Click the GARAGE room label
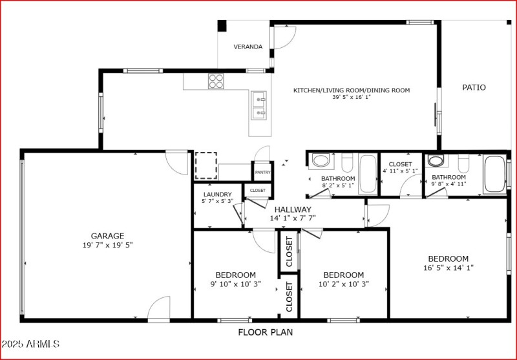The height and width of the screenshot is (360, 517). [x=107, y=236]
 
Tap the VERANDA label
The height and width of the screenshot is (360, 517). [x=248, y=47]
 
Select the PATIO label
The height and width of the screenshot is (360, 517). [x=474, y=87]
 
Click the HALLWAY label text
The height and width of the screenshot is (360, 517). [x=293, y=209]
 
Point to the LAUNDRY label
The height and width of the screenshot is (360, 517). [x=217, y=194]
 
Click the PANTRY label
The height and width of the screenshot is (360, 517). [x=262, y=173]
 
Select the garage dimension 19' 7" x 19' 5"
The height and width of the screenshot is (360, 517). [x=107, y=245]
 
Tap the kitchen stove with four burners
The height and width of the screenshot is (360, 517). [x=216, y=81]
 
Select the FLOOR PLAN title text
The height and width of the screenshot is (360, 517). [x=265, y=333]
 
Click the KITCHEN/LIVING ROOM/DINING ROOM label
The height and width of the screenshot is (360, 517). [x=352, y=90]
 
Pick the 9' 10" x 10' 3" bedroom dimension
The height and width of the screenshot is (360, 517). [x=235, y=284]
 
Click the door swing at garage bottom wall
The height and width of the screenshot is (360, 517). [x=159, y=309]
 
